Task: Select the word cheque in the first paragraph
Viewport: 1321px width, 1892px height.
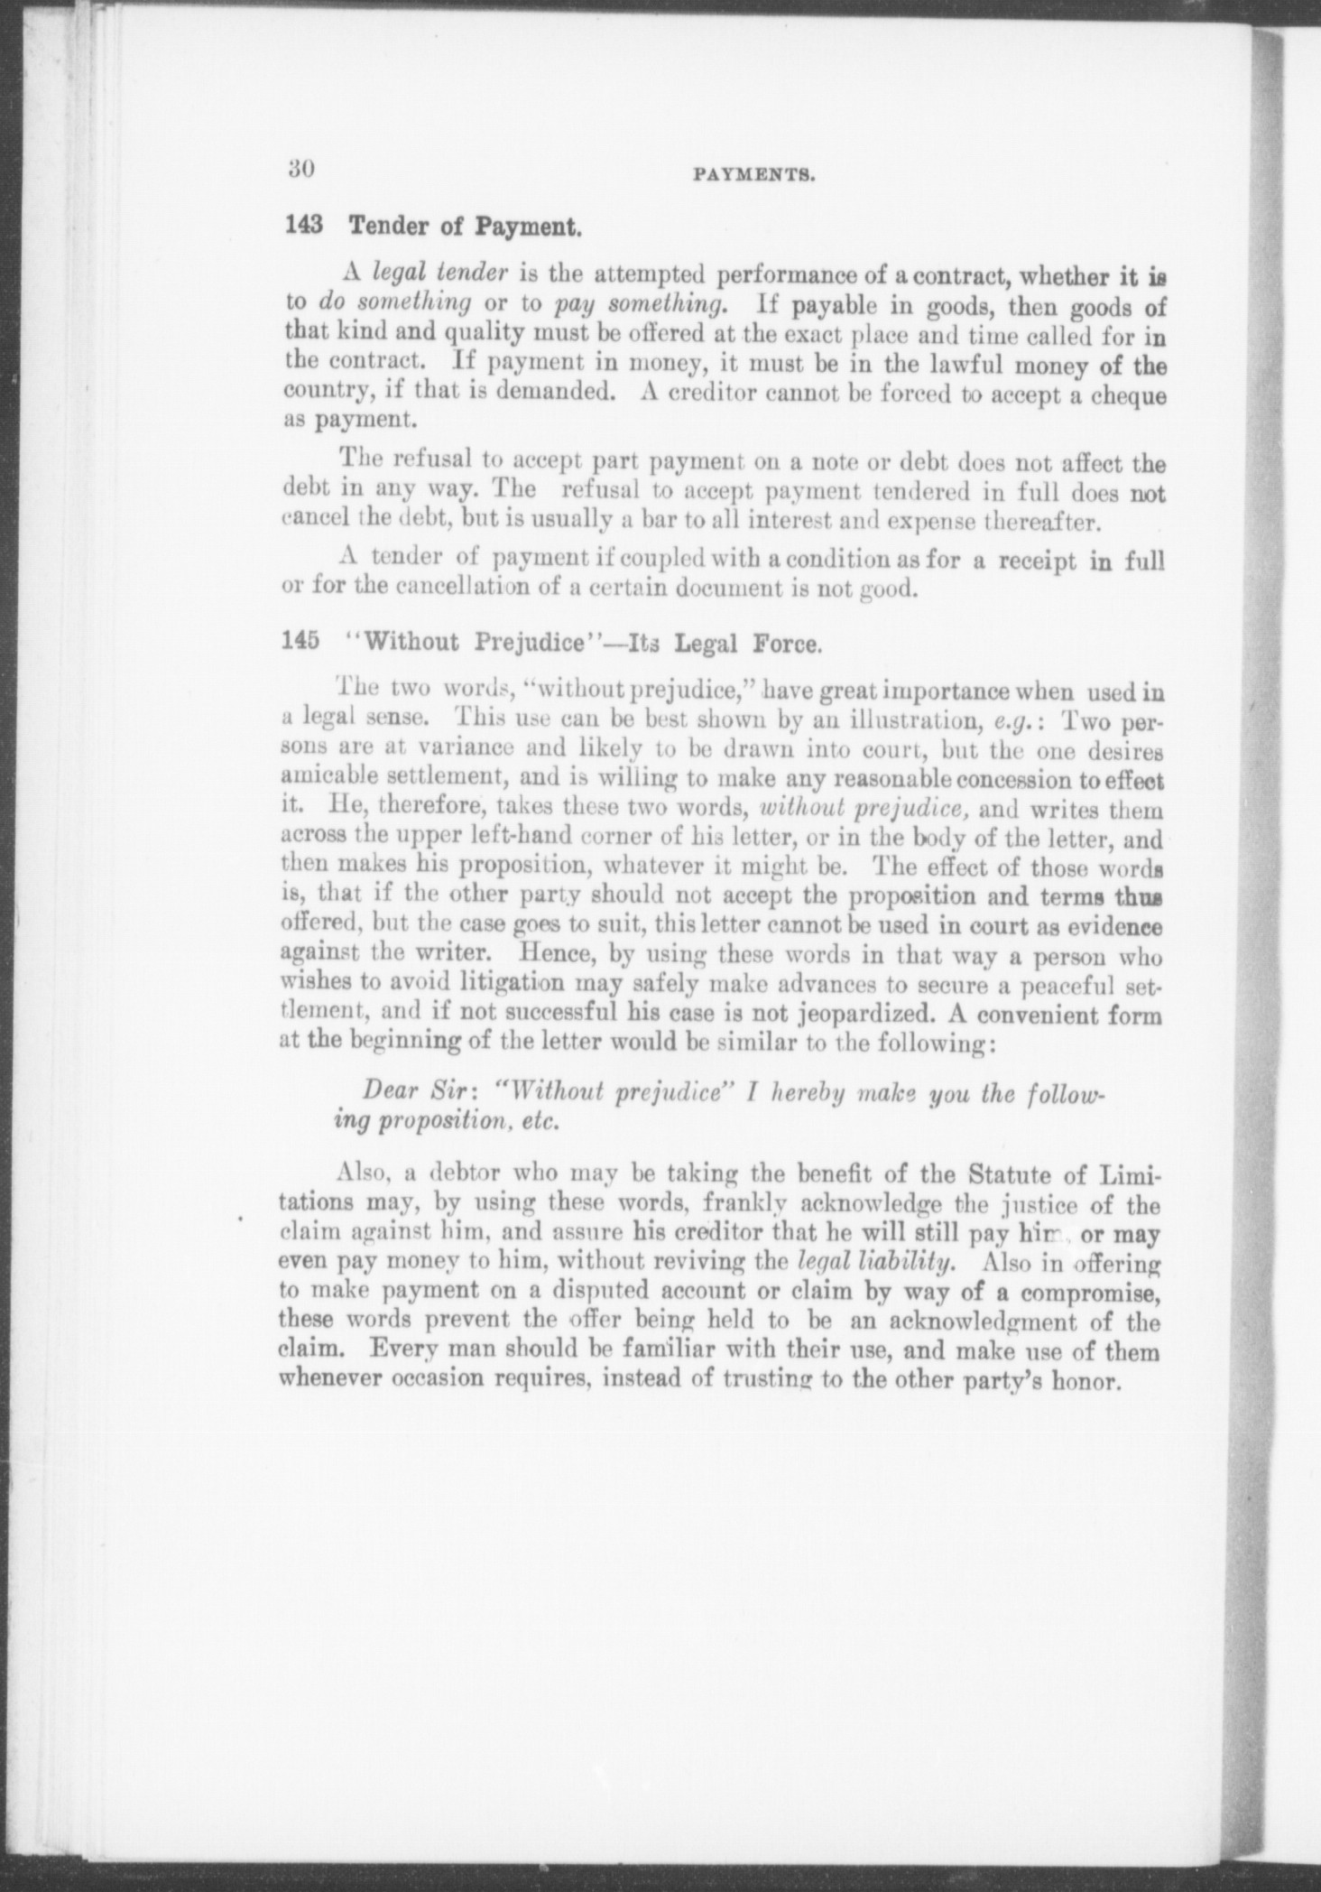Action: [1119, 396]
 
